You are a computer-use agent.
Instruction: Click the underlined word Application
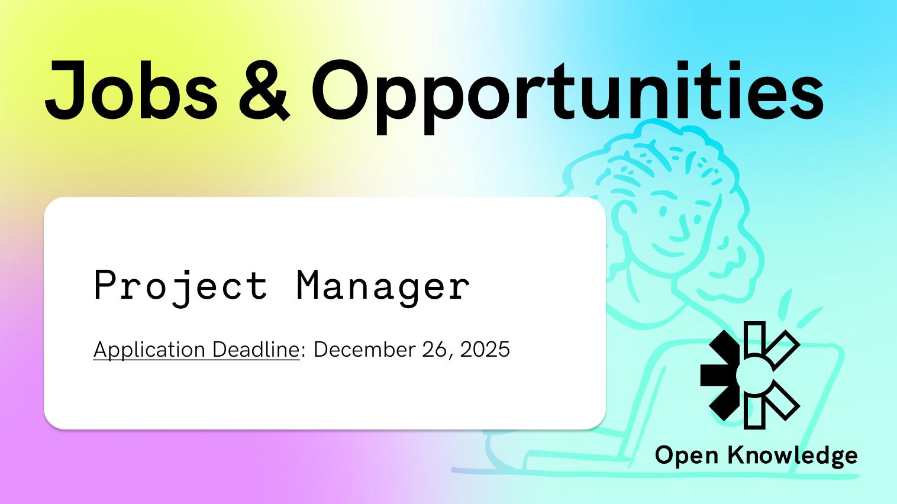150,350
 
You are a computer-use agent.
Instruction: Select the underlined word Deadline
256,349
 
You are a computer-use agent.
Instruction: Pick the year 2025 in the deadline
485,349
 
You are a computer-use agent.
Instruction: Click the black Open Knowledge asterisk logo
750,375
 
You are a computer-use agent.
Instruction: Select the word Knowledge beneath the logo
792,456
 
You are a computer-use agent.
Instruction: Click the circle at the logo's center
754,375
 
